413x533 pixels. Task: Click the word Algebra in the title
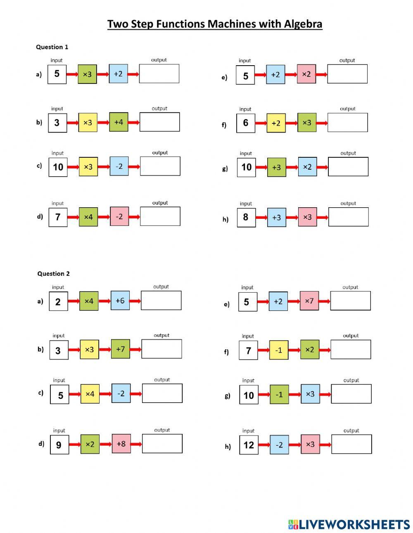(303, 24)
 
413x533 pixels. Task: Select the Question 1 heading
(52, 47)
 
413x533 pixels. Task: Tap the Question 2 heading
(53, 274)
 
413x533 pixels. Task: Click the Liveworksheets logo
(349, 524)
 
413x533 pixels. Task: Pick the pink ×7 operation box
(309, 301)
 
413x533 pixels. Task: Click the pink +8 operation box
(121, 444)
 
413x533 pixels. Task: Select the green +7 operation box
(120, 349)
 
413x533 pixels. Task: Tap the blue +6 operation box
(120, 301)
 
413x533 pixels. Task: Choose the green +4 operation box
(119, 122)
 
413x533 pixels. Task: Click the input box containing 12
(249, 445)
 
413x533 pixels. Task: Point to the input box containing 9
(59, 445)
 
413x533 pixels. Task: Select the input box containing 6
(246, 123)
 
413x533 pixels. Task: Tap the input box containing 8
(246, 217)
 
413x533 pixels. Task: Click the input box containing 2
(58, 301)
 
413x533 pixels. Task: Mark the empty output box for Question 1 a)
(159, 74)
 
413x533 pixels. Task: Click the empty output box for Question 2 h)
(351, 444)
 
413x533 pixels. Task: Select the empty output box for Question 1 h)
(348, 217)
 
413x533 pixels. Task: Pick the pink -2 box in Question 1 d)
(119, 216)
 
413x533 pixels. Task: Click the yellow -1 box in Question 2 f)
(279, 350)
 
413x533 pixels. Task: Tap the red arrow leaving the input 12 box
(264, 445)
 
